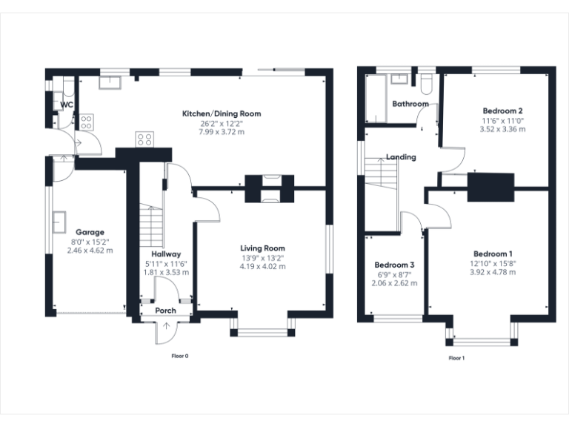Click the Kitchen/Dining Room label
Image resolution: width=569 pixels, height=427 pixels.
[222, 113]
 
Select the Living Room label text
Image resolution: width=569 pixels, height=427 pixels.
[262, 248]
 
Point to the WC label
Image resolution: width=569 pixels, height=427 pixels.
[67, 105]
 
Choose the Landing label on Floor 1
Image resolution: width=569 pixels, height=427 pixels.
[401, 157]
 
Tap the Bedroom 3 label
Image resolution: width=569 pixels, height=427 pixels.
[393, 265]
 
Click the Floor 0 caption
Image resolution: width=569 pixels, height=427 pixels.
[180, 356]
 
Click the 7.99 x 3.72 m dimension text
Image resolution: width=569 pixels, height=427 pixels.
[222, 131]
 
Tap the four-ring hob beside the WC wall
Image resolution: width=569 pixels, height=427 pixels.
[87, 122]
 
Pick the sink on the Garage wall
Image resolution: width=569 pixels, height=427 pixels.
[56, 220]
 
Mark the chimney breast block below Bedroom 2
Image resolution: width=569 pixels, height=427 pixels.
[490, 186]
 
